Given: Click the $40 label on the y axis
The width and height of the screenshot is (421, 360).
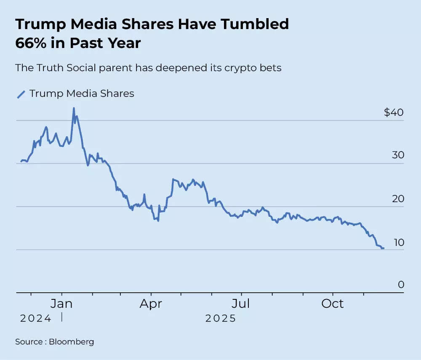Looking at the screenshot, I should pyautogui.click(x=393, y=113).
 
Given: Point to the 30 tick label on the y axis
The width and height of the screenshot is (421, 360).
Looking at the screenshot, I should pyautogui.click(x=398, y=155).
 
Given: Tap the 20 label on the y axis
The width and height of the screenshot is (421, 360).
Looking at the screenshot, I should pyautogui.click(x=398, y=199).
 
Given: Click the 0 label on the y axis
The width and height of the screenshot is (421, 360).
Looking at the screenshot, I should pyautogui.click(x=401, y=285).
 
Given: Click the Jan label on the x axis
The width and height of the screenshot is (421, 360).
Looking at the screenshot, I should pyautogui.click(x=61, y=304).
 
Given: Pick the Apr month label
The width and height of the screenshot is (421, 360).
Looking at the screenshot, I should pyautogui.click(x=151, y=304).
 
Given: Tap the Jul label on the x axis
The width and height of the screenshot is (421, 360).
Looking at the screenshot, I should pyautogui.click(x=241, y=304).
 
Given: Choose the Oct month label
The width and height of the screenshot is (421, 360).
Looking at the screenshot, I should pyautogui.click(x=333, y=304).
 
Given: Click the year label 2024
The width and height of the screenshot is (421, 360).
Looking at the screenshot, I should pyautogui.click(x=36, y=318).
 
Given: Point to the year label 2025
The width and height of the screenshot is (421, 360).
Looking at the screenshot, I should pyautogui.click(x=221, y=318).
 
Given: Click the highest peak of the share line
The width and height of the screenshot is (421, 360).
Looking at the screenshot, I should pyautogui.click(x=74, y=108).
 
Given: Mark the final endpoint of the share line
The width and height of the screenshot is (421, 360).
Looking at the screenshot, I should pyautogui.click(x=383, y=248).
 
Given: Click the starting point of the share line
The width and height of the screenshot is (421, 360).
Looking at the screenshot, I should pyautogui.click(x=21, y=162).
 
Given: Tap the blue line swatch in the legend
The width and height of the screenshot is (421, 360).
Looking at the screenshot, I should pyautogui.click(x=21, y=94).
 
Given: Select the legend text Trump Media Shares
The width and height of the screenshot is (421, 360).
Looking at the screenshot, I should pyautogui.click(x=82, y=93).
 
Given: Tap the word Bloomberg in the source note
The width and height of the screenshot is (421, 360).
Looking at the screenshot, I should pyautogui.click(x=71, y=341).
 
